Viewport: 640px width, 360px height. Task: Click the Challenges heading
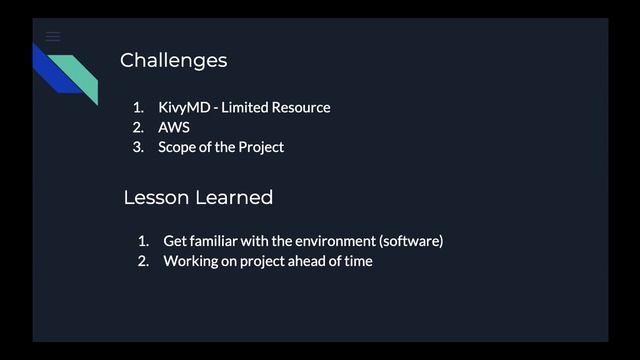(173, 60)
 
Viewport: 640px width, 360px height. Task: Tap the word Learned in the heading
(233, 197)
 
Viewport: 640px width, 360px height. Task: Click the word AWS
(173, 127)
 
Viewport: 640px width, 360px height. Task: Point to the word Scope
(177, 147)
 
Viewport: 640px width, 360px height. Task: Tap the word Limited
(243, 107)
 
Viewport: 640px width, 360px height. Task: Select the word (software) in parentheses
(410, 241)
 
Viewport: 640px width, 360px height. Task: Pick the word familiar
(217, 241)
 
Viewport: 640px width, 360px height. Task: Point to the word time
(357, 261)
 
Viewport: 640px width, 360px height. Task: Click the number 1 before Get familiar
(143, 241)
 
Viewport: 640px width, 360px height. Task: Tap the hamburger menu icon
(53, 37)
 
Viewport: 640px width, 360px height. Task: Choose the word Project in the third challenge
(261, 147)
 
